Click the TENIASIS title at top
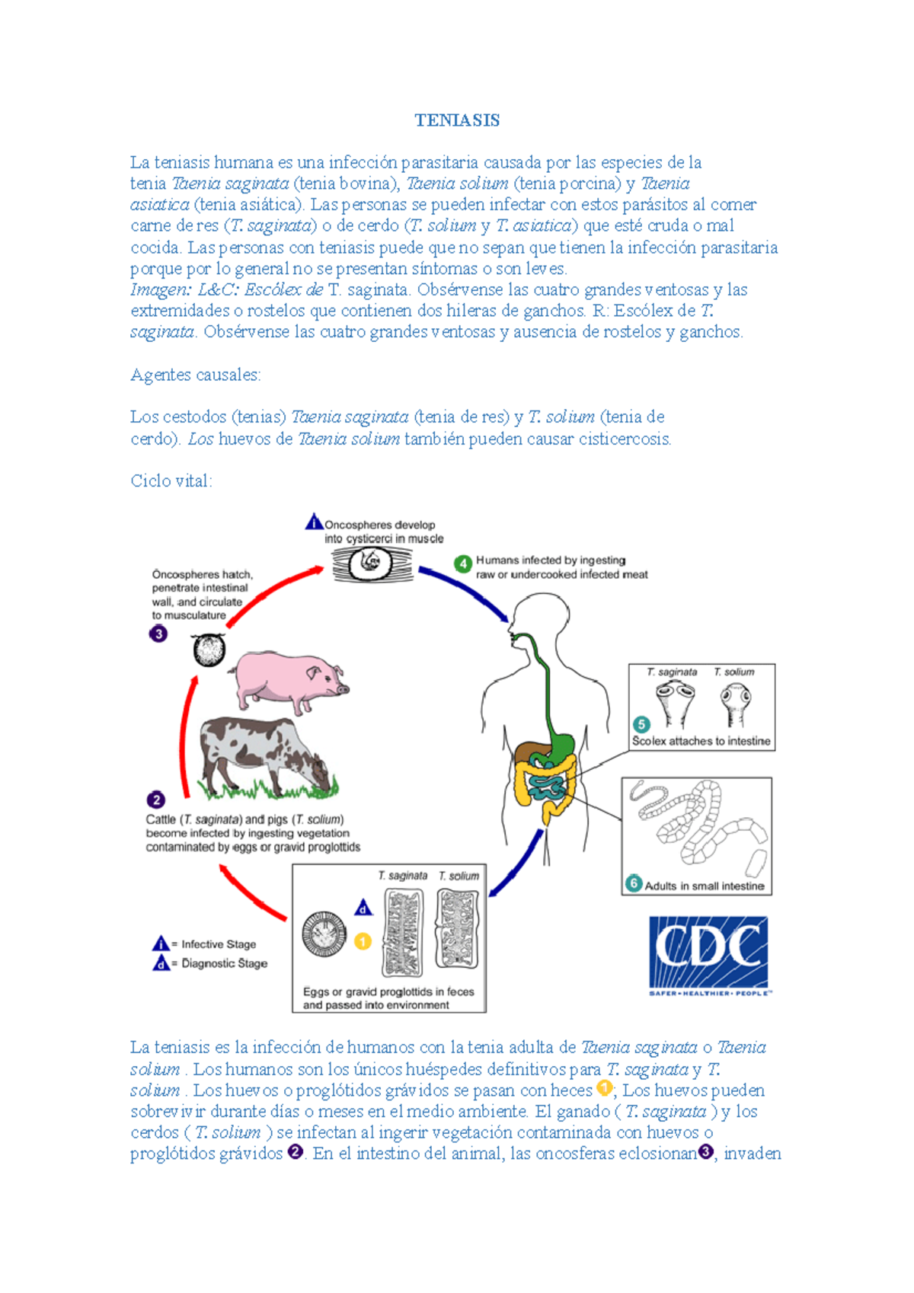coord(457,120)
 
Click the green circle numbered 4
coord(462,564)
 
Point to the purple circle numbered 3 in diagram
coord(158,634)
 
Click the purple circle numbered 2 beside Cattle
coord(156,800)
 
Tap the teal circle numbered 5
coord(641,724)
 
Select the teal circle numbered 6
coord(634,884)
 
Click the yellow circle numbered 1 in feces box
coord(363,942)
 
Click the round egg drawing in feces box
coord(324,934)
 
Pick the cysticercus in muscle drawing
coord(371,564)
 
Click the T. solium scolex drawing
coord(736,703)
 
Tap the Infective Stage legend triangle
coord(161,944)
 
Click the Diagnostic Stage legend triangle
coord(161,964)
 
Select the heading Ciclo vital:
coord(171,481)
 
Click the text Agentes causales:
coord(196,375)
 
